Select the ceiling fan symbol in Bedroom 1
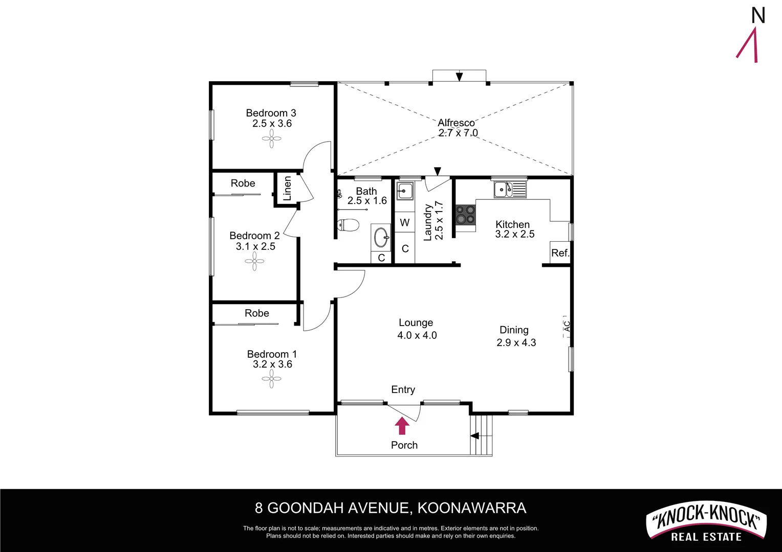[x=271, y=379]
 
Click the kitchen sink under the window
[x=509, y=190]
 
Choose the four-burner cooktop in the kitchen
[x=465, y=215]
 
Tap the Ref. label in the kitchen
[x=560, y=253]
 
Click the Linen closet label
[x=287, y=189]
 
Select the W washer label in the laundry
[x=405, y=223]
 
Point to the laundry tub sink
[x=405, y=191]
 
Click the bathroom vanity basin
[x=381, y=237]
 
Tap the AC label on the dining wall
[x=567, y=326]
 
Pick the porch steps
[x=481, y=435]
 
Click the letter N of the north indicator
[x=758, y=16]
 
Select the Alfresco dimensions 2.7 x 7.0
[x=458, y=133]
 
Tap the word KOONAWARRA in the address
[x=472, y=508]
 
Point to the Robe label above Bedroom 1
[x=257, y=313]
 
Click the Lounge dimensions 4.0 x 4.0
[x=417, y=335]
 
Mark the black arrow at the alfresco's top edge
[x=459, y=77]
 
